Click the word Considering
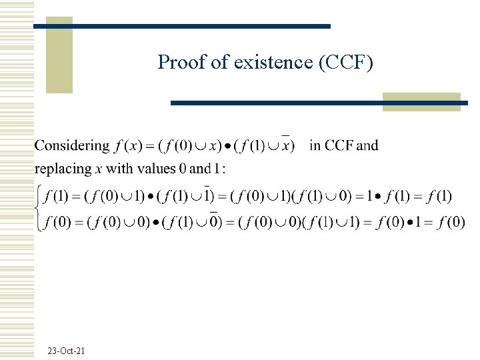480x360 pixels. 72,146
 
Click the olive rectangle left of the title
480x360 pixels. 59,55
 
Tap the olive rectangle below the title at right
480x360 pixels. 421,101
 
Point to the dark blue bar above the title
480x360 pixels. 182,27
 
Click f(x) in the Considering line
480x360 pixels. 128,146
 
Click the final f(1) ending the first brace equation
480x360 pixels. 437,196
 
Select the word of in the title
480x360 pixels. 219,63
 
